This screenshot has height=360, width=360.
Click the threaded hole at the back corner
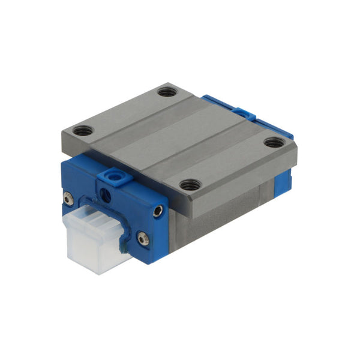[x=167, y=92]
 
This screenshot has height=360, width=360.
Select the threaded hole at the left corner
[x=83, y=130]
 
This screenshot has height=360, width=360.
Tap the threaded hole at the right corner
[x=274, y=142]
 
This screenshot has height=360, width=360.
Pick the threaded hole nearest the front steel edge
[x=190, y=185]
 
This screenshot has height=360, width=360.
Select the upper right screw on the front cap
[x=158, y=211]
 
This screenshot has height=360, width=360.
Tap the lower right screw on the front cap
[x=142, y=239]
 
